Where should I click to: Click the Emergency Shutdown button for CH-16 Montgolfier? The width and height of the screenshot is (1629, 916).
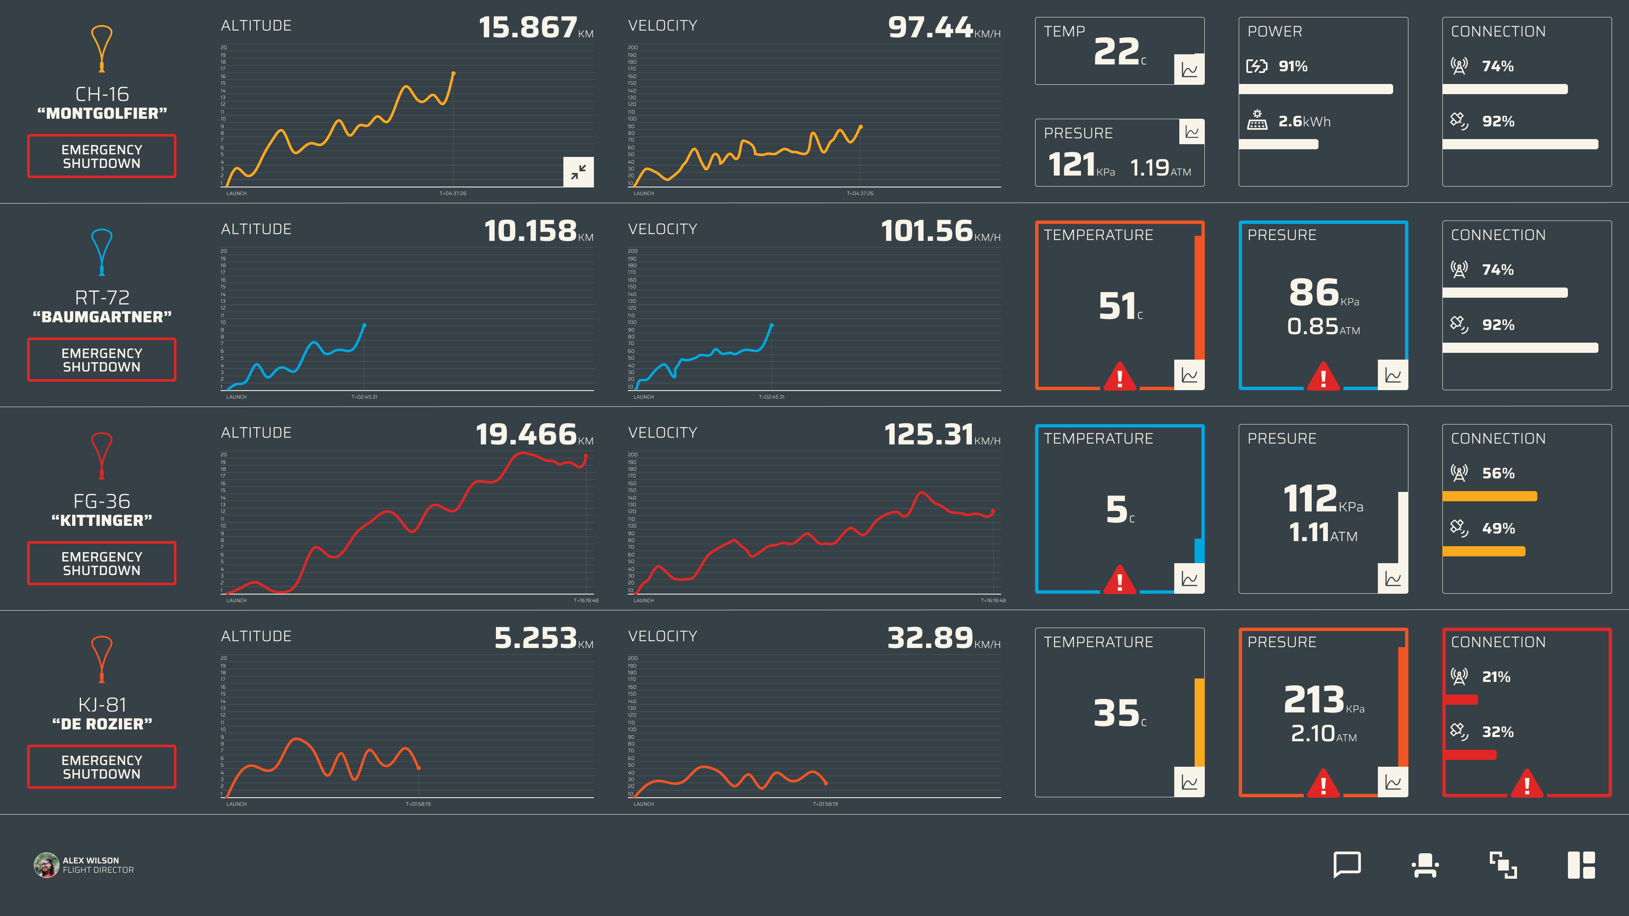(101, 156)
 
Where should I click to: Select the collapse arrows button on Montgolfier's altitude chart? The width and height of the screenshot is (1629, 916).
(578, 171)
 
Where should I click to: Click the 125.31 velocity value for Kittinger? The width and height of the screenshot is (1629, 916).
(928, 435)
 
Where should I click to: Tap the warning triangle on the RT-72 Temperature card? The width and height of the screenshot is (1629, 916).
(1120, 377)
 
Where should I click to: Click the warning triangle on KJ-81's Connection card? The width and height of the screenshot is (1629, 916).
(1527, 784)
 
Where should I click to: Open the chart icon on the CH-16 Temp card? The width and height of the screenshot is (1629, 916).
(1189, 70)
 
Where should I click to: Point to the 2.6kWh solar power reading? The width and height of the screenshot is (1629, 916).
(1304, 121)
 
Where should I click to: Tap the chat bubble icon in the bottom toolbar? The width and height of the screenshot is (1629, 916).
(1347, 865)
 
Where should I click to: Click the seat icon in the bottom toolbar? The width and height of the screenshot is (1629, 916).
(1425, 865)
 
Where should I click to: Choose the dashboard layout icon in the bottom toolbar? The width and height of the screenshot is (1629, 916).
(1581, 865)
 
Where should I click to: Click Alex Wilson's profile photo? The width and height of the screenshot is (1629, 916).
(46, 865)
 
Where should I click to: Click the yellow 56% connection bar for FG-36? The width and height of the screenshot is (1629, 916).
(1489, 496)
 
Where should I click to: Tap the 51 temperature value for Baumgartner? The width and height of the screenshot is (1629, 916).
(1117, 307)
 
